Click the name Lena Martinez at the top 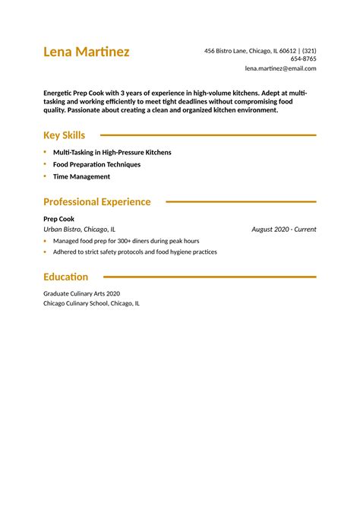[86, 52]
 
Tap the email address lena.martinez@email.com [280, 68]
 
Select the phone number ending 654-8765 [303, 59]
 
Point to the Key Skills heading [64, 135]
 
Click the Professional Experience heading [96, 202]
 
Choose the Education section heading [65, 277]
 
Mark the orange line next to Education [209, 277]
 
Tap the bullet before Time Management [45, 176]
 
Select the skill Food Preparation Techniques [96, 164]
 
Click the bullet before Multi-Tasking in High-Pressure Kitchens [45, 152]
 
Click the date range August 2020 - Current [283, 229]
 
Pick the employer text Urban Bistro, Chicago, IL [79, 229]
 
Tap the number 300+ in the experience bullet [118, 241]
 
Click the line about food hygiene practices [134, 252]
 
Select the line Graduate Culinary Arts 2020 [81, 293]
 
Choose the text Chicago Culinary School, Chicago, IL [91, 303]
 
